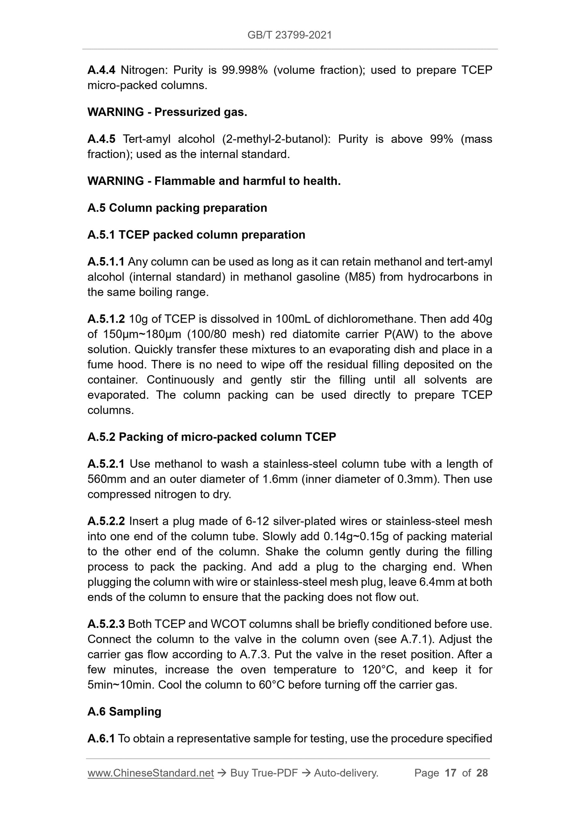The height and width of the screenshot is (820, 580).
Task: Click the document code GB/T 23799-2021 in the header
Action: pos(289,35)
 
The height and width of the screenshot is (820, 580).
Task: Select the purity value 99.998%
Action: pos(244,70)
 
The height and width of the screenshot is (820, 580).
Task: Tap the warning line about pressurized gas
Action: pos(167,112)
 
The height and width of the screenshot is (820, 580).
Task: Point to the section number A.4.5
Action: pos(101,139)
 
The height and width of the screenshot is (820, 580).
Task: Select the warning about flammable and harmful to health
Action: pos(214,181)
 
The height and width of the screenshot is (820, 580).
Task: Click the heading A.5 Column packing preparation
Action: pos(177,208)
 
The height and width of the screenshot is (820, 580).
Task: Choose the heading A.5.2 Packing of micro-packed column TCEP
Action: pos(212,437)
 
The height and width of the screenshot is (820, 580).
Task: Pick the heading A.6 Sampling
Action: pos(124,712)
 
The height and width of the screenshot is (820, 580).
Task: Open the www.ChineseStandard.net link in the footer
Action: pos(151,773)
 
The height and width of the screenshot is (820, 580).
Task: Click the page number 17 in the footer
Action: pos(450,773)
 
